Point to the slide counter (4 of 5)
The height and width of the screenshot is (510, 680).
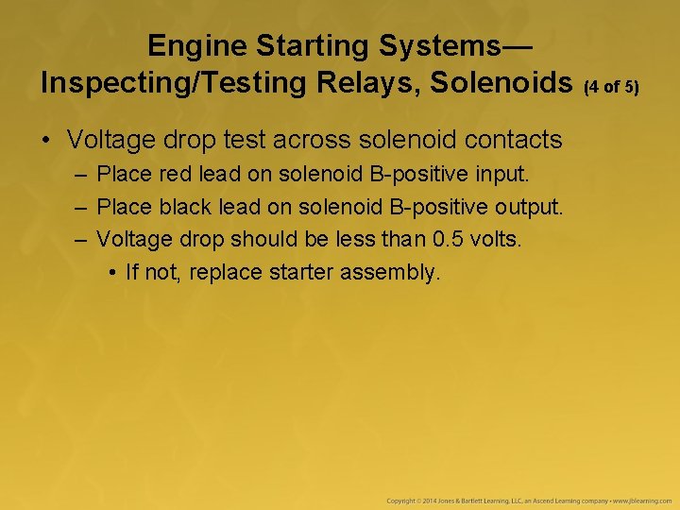[x=611, y=87]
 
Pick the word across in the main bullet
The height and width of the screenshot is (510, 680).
[x=314, y=141]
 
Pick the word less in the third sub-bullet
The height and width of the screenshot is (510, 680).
[x=359, y=239]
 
